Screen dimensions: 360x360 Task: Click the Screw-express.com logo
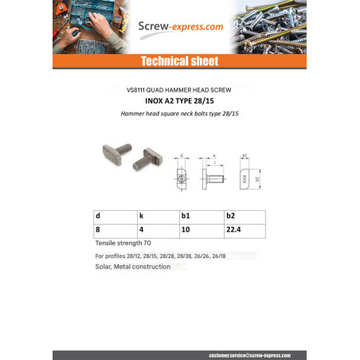179,27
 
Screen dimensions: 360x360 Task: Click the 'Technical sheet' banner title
179,61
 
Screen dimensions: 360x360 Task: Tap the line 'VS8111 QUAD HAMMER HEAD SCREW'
179,90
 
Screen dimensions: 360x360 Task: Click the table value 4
142,229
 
